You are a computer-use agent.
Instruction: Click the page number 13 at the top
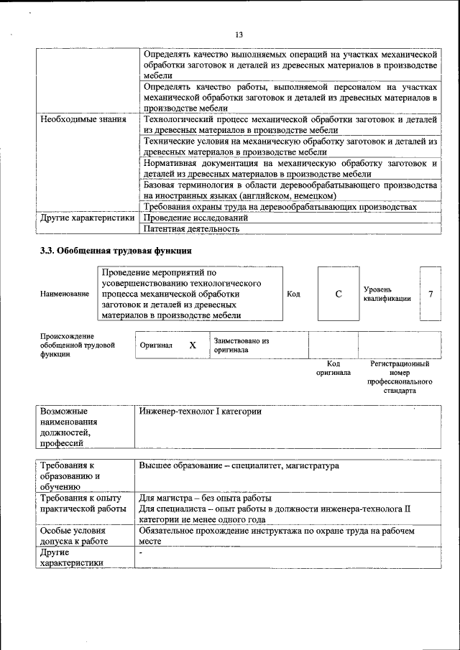[239, 34]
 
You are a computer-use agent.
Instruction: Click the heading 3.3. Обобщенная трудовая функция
[115, 251]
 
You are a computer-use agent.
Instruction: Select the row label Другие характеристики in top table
[87, 217]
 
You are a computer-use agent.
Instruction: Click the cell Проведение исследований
[195, 217]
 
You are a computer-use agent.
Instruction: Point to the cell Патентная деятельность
[191, 229]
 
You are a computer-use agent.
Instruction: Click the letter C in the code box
[339, 294]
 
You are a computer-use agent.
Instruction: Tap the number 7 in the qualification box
[430, 294]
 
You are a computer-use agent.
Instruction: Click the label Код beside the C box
[293, 294]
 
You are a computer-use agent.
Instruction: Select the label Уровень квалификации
[387, 294]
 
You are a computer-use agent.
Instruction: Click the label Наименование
[65, 294]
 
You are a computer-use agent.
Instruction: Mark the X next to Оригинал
[193, 345]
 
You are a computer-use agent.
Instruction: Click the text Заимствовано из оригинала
[241, 345]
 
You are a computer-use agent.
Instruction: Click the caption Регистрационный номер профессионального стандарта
[400, 378]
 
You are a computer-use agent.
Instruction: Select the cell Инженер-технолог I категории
[200, 412]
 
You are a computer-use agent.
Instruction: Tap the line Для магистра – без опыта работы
[205, 498]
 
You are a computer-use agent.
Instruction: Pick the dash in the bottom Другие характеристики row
[142, 553]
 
